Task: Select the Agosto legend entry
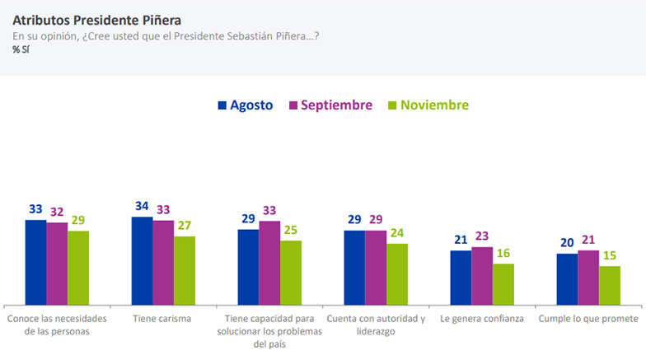click(245, 105)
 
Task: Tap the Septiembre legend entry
click(330, 105)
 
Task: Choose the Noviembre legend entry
click(428, 105)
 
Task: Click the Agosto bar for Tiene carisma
click(142, 259)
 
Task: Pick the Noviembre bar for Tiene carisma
click(185, 269)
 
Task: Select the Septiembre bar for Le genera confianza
click(482, 275)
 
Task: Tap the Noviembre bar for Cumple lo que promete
click(610, 284)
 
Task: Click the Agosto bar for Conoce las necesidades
click(35, 261)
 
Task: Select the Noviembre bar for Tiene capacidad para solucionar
click(291, 272)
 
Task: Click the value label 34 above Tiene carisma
click(142, 206)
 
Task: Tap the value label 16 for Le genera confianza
click(503, 253)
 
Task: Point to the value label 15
click(610, 255)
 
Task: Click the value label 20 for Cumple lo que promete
click(567, 243)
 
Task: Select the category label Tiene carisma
click(161, 318)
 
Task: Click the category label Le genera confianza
click(482, 318)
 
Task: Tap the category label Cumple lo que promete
click(588, 318)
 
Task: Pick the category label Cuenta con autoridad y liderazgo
click(376, 325)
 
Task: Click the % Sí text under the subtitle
click(21, 49)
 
